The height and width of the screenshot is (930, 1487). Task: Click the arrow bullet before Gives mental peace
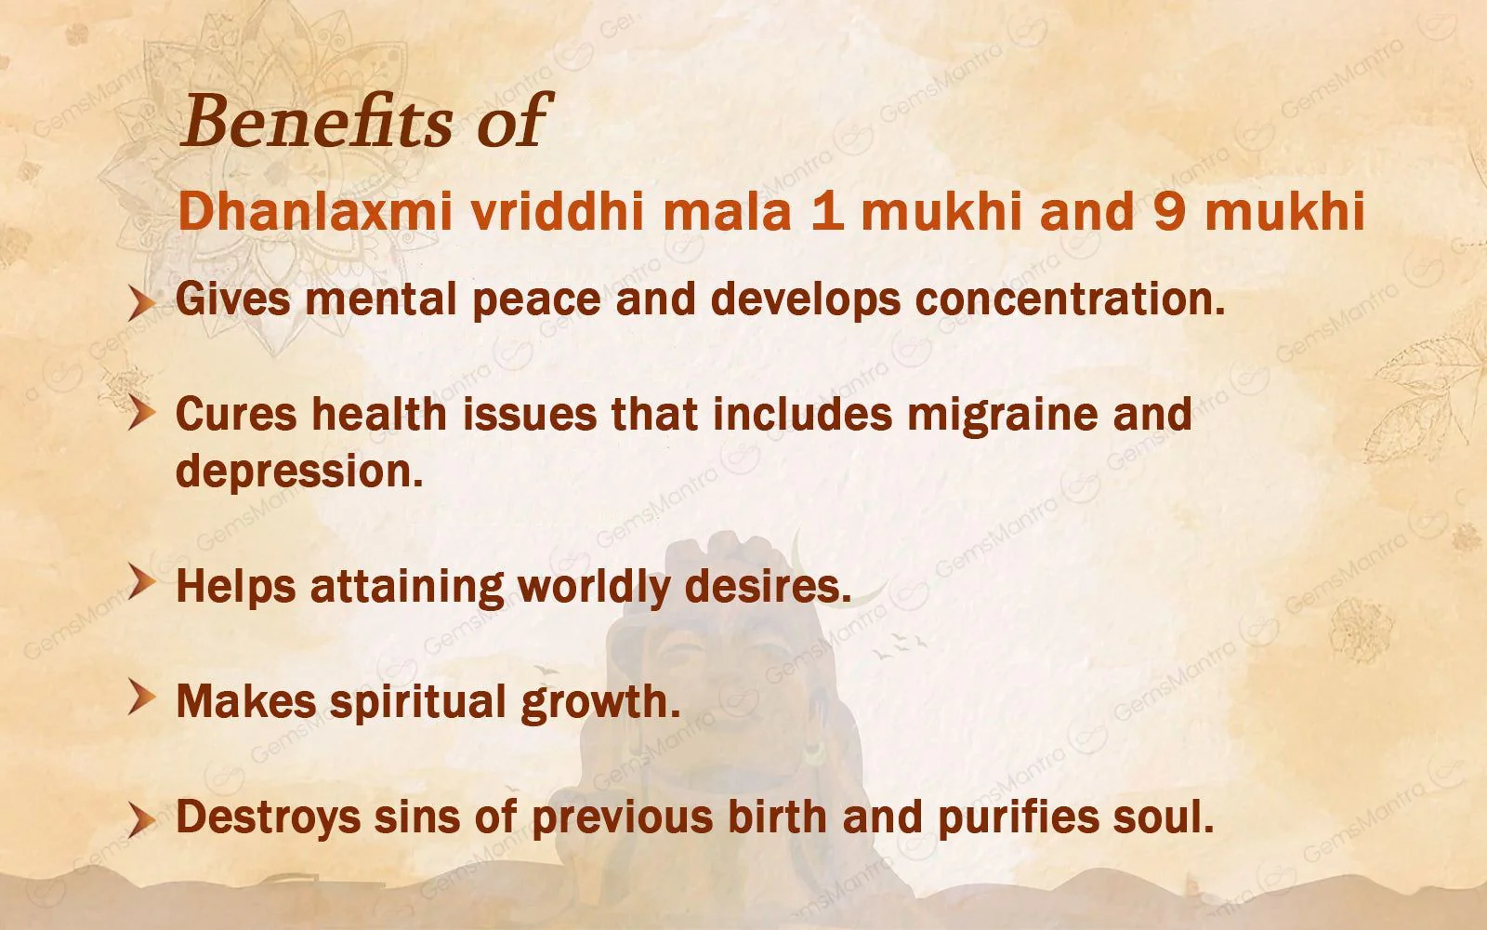pyautogui.click(x=140, y=303)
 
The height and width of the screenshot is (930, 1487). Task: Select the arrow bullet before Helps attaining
pyautogui.click(x=140, y=585)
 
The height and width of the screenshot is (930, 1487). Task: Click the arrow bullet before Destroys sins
pyautogui.click(x=140, y=818)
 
